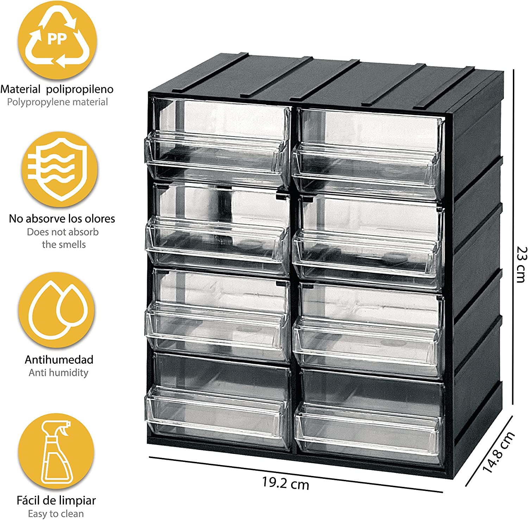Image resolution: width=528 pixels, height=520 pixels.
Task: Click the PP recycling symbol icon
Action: point(57,40)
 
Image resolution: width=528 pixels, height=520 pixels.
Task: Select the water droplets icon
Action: point(57,310)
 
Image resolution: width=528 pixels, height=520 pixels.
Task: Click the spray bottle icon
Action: point(56,451)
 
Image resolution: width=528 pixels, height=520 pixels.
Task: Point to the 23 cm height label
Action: point(521,264)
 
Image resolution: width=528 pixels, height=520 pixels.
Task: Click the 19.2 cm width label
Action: point(285,483)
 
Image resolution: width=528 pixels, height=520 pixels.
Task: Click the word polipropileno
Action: point(80,89)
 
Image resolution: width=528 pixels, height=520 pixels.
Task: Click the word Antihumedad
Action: point(59,359)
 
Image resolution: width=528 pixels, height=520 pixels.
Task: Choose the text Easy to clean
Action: point(56,514)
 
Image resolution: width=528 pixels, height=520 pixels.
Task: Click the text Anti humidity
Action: point(58,372)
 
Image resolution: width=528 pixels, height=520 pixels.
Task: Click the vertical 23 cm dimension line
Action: point(513,237)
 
